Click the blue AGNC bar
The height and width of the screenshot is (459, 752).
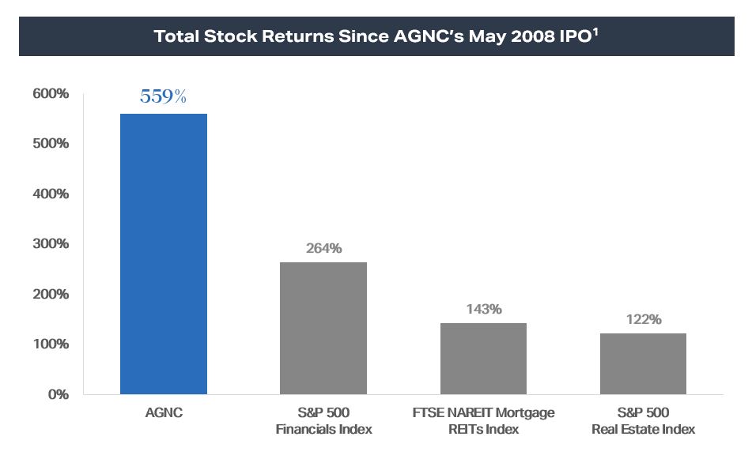[163, 254]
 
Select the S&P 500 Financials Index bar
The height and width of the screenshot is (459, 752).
[323, 328]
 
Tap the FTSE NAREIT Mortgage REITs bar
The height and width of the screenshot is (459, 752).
[483, 358]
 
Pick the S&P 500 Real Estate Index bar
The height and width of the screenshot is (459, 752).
[643, 363]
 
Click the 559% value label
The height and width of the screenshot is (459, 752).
[163, 97]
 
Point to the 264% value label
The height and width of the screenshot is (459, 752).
[323, 249]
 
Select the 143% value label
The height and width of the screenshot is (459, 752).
[483, 309]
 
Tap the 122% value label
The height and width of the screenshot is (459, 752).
[643, 320]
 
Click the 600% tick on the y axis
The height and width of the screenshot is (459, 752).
[51, 94]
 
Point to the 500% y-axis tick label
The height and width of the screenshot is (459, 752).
[51, 144]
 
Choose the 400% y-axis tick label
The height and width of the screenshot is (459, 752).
[51, 194]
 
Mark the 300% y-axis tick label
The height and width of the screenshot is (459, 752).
[51, 244]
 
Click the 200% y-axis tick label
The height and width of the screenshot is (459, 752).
[51, 294]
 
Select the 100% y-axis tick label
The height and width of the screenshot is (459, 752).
[51, 344]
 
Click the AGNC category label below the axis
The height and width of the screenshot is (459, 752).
[163, 413]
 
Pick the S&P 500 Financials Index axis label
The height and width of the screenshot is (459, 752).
[323, 421]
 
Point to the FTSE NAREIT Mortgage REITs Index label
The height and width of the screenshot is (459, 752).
[483, 421]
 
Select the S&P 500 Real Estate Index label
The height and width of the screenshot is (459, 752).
[643, 421]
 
